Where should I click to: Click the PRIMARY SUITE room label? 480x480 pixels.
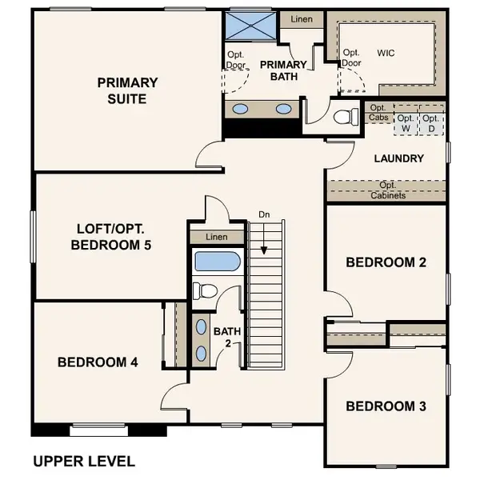coord(127,90)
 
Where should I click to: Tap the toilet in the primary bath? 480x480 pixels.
coord(346,116)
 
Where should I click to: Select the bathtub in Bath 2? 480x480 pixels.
coord(218,261)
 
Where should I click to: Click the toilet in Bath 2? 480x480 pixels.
coord(205,291)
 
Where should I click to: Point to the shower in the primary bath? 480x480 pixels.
coord(250,26)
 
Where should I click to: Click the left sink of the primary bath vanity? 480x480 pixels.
coord(240,109)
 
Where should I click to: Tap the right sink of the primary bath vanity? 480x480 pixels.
coord(283,109)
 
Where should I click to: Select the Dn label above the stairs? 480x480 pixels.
coord(264,214)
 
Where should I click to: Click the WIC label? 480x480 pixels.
coord(386,53)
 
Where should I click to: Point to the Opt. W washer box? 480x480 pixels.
coord(406,123)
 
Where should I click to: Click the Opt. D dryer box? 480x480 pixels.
coord(431,123)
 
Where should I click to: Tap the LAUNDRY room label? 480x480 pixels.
coord(399,158)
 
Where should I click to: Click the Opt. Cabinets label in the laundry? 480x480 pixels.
coord(388,190)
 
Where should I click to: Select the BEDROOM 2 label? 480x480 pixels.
coord(386,262)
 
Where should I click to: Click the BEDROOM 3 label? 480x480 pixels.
coord(386,406)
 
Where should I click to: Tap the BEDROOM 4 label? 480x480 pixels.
coord(98,362)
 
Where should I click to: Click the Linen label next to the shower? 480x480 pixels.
coord(302,19)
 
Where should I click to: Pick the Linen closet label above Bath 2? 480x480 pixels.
coord(217,237)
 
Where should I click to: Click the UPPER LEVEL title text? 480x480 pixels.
coord(84,462)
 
